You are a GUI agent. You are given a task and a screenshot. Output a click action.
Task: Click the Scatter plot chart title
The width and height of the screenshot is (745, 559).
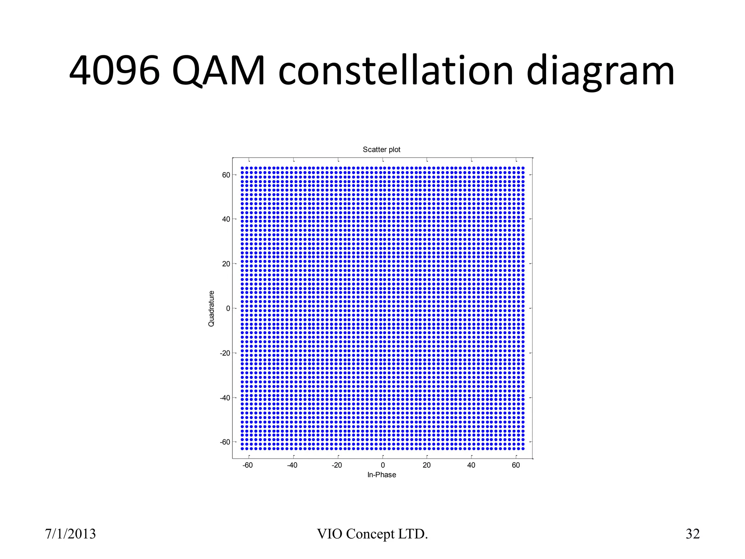click(x=381, y=150)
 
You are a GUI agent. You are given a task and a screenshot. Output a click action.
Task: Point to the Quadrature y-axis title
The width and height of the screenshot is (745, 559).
click(x=211, y=308)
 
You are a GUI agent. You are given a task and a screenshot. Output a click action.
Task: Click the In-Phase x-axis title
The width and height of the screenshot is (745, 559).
click(x=381, y=475)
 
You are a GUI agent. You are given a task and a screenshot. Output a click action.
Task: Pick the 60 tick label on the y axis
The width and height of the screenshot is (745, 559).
click(x=226, y=175)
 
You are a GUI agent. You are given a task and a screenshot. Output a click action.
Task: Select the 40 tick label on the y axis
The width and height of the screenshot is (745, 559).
click(x=226, y=219)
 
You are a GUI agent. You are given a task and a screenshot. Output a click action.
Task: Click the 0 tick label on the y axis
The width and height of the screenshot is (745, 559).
click(x=228, y=309)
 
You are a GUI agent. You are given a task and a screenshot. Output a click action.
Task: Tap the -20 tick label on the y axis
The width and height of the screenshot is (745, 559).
click(x=225, y=353)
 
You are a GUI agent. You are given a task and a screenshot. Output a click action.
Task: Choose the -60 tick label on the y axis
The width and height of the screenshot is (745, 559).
click(x=225, y=442)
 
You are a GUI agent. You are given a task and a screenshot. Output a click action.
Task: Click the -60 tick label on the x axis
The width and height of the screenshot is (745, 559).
click(x=248, y=465)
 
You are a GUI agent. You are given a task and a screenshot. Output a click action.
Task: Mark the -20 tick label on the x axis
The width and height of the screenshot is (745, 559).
click(x=337, y=465)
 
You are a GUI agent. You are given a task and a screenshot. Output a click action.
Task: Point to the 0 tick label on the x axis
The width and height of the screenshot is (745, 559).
click(x=383, y=465)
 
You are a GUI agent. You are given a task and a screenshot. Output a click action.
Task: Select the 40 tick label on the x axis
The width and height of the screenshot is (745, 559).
click(x=471, y=465)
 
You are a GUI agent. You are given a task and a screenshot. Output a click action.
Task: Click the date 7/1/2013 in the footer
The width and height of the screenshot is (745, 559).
click(x=70, y=534)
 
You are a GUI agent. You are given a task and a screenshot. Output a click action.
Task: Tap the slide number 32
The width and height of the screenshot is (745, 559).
click(x=693, y=534)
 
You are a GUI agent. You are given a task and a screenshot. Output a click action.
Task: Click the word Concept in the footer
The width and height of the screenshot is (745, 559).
click(x=370, y=534)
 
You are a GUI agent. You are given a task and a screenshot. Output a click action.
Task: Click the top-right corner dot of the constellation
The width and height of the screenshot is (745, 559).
click(x=523, y=168)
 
